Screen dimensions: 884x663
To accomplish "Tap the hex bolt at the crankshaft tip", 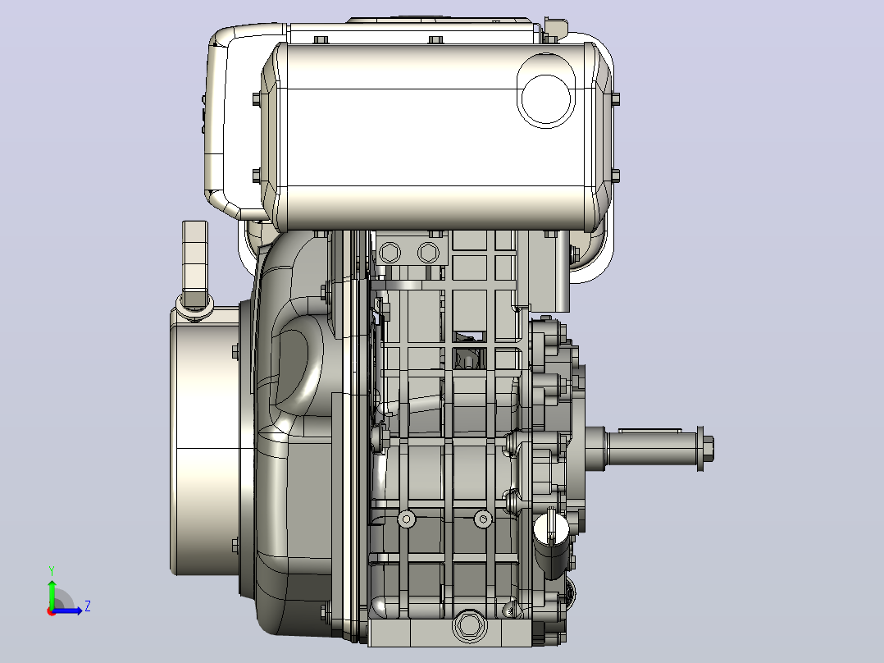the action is [x=705, y=449].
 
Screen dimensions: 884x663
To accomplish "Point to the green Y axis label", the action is [x=52, y=571].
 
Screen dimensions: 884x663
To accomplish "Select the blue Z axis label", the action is [x=88, y=606].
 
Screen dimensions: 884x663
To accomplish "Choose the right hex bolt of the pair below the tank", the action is [x=428, y=252].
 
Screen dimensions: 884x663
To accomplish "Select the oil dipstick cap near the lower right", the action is [x=551, y=542].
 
